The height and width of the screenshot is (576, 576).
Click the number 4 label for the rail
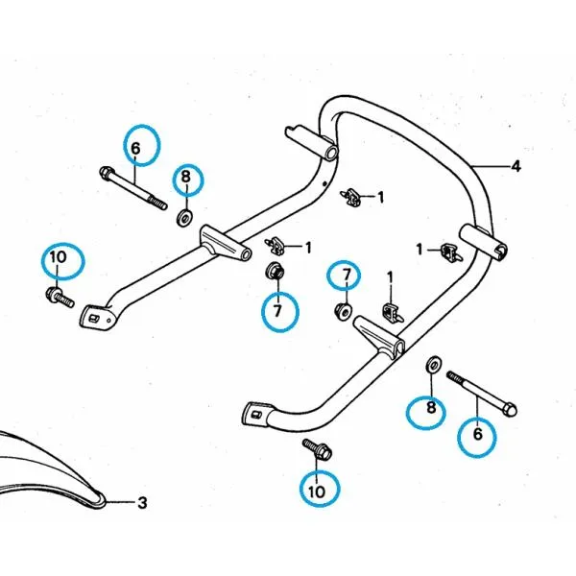(516, 166)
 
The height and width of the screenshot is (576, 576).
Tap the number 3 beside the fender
(142, 502)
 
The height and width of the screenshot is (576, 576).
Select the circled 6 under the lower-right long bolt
(477, 434)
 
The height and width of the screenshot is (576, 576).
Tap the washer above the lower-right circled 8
(433, 365)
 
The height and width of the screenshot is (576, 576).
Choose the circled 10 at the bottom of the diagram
(318, 490)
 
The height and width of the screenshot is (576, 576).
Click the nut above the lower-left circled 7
(274, 272)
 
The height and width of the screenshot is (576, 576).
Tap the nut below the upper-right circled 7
(343, 312)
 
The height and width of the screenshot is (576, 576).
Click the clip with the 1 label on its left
(450, 252)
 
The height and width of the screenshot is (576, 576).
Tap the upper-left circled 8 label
(186, 178)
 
